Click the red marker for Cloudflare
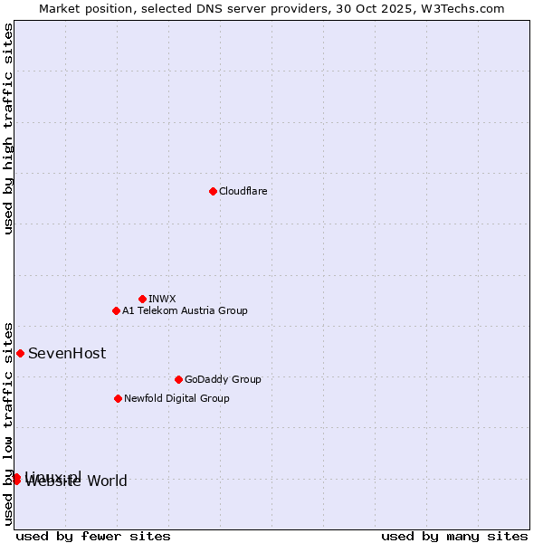213,191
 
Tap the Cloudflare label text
243,191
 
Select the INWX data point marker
142,299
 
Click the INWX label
162,299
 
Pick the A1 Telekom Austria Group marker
116,310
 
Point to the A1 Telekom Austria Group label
185,310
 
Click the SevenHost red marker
20,353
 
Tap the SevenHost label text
67,353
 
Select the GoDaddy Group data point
178,379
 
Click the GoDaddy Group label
223,379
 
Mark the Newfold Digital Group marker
118,398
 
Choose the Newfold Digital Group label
176,398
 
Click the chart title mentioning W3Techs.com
271,8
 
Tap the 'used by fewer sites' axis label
93,536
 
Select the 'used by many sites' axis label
454,536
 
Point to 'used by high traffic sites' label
8,129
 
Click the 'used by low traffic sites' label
8,423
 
